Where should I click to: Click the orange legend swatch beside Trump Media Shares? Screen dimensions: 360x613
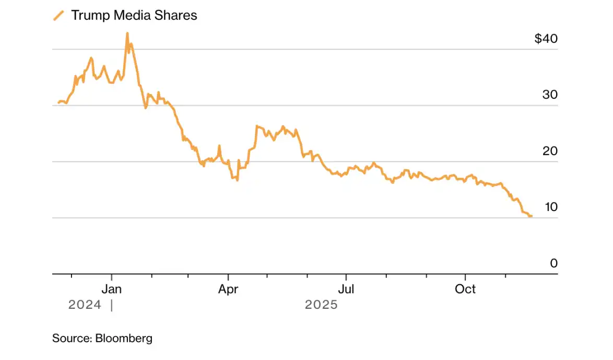pos(58,16)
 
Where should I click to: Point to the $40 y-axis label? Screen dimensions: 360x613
pos(546,39)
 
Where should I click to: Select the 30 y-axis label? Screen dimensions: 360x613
pos(551,95)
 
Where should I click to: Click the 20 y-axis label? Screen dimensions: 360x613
pos(551,151)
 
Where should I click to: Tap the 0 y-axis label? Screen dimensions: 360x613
pos(554,263)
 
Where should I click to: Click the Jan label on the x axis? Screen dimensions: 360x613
pos(111,289)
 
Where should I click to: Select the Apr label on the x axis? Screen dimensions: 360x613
pos(228,289)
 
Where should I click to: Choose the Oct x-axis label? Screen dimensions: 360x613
pos(465,289)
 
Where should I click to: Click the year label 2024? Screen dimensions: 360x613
pos(85,305)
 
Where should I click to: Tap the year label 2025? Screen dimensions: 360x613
pos(321,305)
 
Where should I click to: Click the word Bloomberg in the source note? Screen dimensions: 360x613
pos(124,338)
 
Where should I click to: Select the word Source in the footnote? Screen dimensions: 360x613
pos(72,338)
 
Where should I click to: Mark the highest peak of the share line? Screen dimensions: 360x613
pos(127,33)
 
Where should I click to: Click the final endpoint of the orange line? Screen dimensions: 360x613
pos(531,216)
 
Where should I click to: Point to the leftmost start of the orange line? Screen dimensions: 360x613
pos(58,102)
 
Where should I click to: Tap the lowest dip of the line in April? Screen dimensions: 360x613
pos(238,180)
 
